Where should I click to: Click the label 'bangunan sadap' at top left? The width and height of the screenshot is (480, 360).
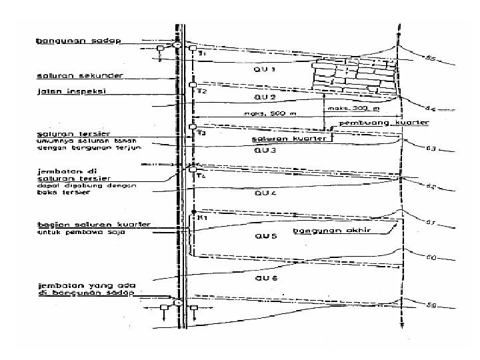(77, 41)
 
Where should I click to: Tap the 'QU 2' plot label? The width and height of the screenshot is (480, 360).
(265, 96)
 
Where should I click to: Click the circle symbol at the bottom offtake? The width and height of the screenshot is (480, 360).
(179, 303)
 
